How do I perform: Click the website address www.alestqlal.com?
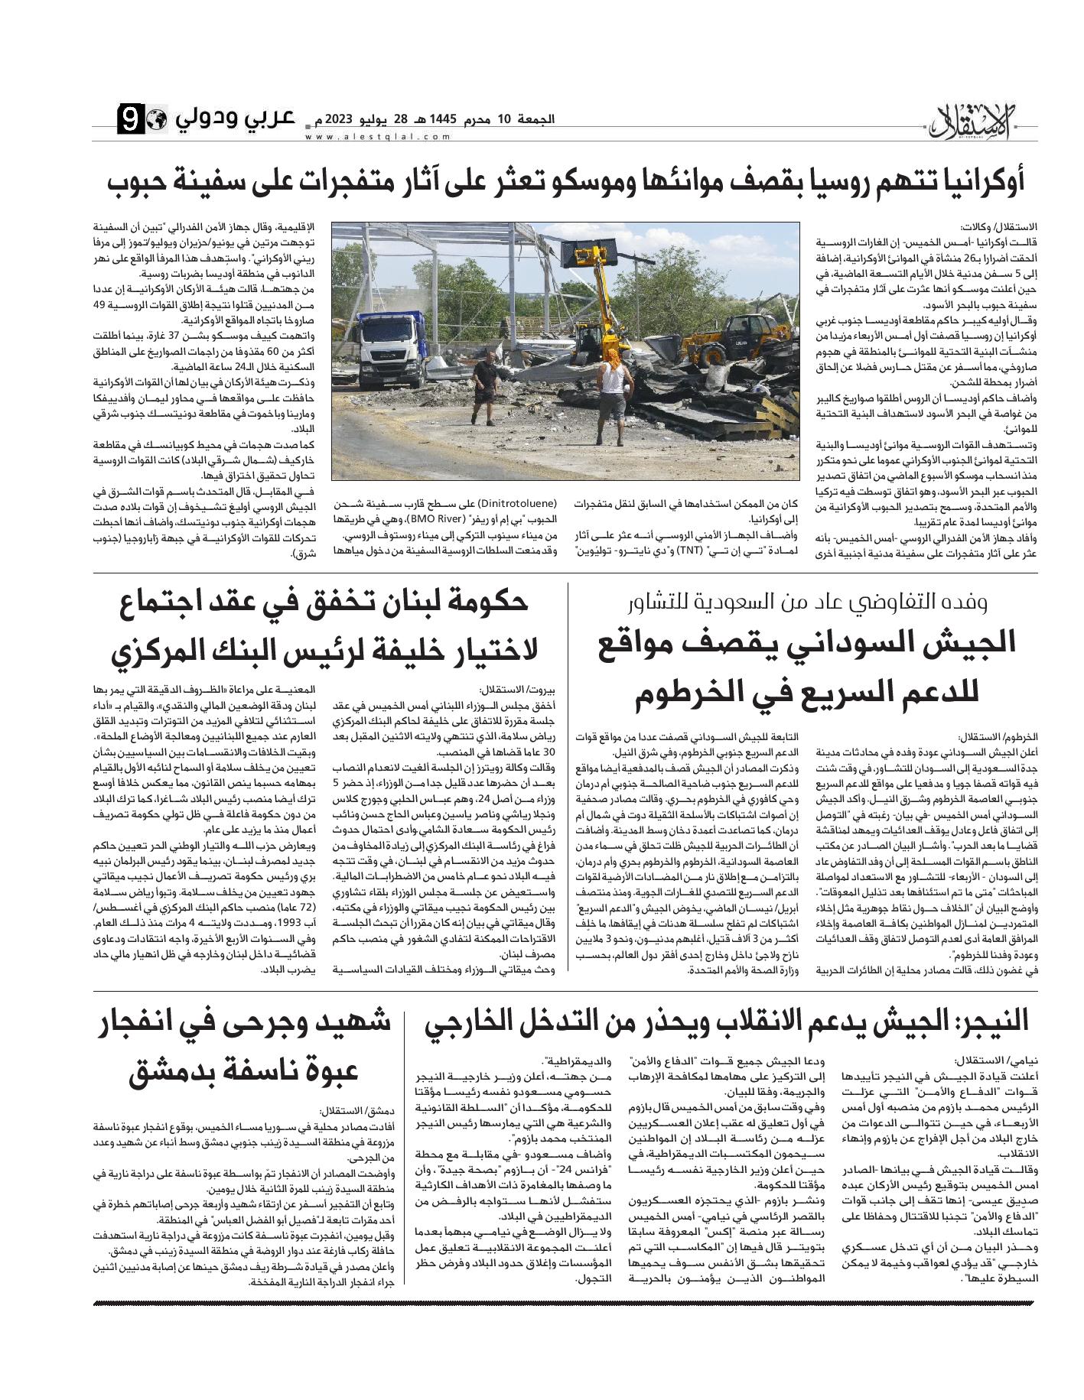point(367,138)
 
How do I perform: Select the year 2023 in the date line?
point(338,119)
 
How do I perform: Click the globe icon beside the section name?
point(156,121)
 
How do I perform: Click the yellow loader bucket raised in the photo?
point(584,252)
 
